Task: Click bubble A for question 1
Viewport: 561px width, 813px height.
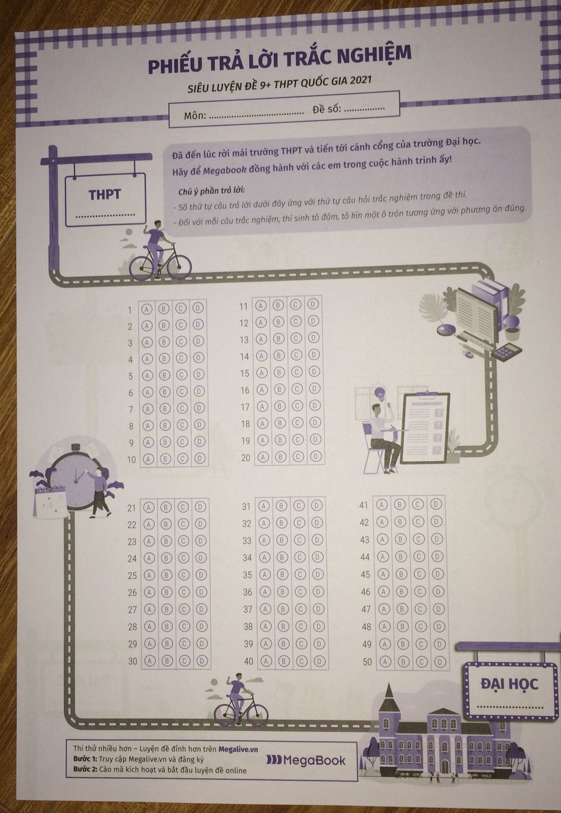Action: (x=146, y=309)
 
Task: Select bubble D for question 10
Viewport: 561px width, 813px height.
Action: (x=200, y=459)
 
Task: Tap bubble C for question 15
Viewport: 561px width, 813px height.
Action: (x=296, y=372)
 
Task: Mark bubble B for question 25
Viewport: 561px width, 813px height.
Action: (x=167, y=575)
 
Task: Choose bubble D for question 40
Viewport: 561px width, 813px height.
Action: (x=320, y=661)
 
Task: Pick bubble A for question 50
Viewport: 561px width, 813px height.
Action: (x=385, y=662)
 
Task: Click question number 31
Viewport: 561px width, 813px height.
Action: (x=246, y=506)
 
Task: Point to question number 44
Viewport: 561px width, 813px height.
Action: (x=365, y=557)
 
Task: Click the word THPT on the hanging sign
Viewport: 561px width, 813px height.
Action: (x=105, y=195)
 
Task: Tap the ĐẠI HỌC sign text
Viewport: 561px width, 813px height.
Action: (x=509, y=684)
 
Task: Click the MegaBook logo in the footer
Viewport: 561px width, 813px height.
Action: (x=306, y=760)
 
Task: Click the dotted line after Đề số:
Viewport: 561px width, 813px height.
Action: (x=364, y=108)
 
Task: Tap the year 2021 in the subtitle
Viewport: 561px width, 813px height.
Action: (x=361, y=80)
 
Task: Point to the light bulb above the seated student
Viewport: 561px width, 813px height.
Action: (x=379, y=394)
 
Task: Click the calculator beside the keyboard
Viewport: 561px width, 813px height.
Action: (x=506, y=351)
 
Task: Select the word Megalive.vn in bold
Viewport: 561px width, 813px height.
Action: (x=238, y=749)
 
